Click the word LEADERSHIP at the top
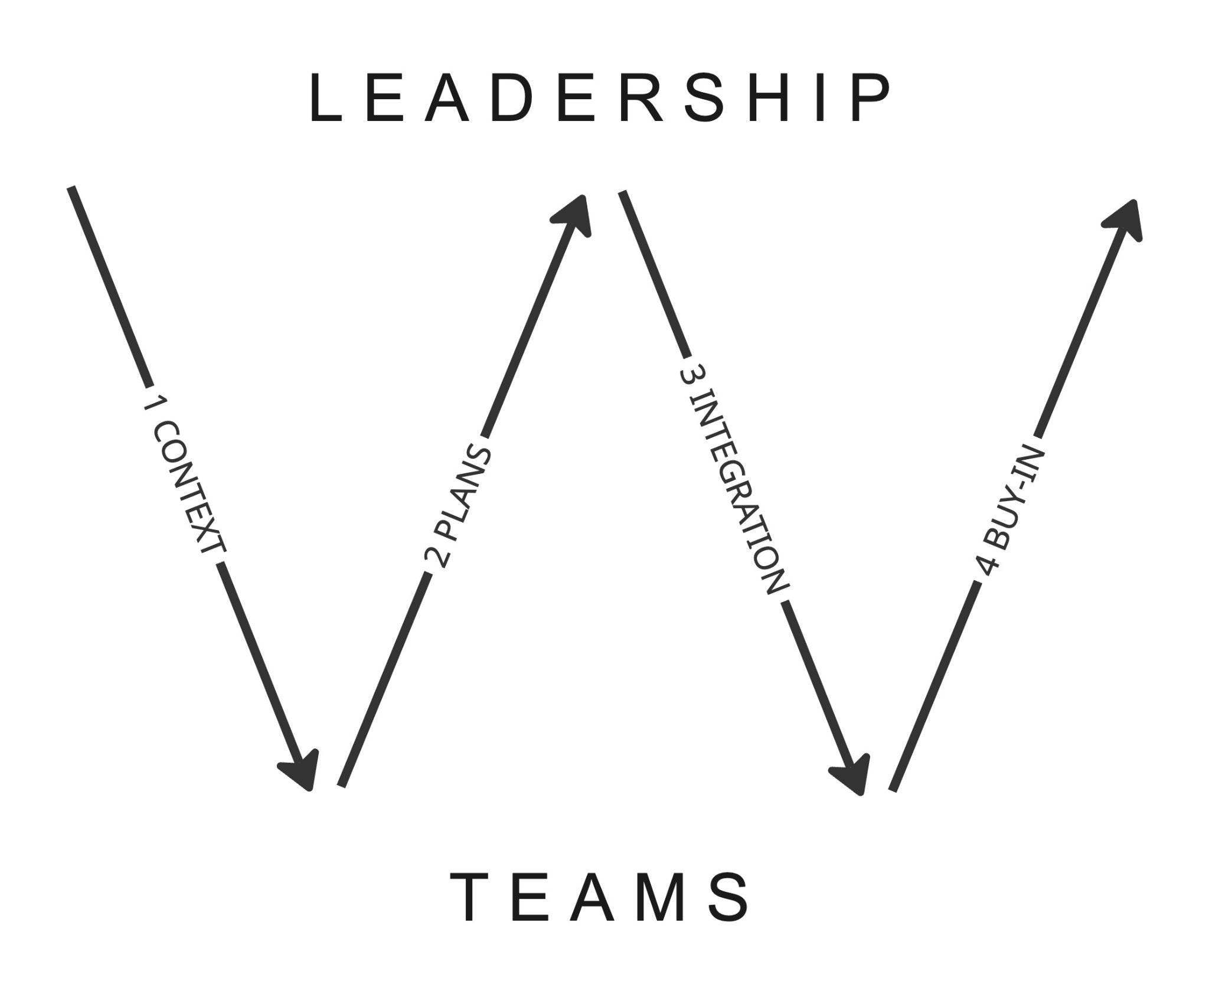pyautogui.click(x=600, y=99)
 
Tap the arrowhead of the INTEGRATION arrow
pyautogui.click(x=853, y=774)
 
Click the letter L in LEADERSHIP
pyautogui.click(x=325, y=99)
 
